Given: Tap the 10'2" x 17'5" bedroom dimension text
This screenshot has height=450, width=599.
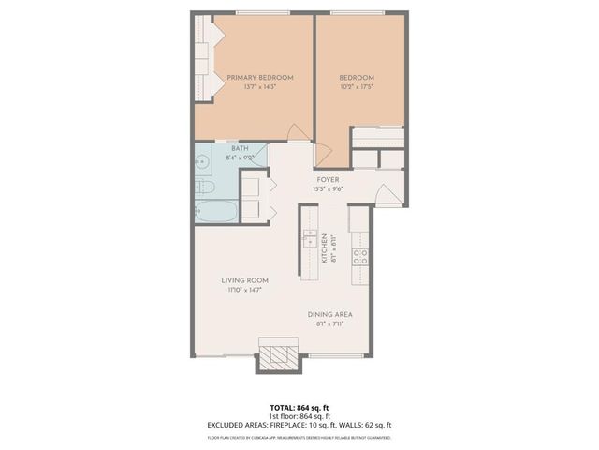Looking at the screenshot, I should (x=357, y=86).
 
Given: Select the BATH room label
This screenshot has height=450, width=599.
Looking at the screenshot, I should (x=240, y=149).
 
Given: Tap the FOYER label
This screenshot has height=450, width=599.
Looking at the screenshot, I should (x=328, y=178).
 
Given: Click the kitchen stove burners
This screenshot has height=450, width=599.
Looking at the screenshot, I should (x=360, y=254).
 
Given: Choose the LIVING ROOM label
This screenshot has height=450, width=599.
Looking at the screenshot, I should (x=245, y=280).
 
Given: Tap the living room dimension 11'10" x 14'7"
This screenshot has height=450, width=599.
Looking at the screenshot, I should (x=245, y=290).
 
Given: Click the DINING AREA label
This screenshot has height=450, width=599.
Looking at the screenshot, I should (x=329, y=315).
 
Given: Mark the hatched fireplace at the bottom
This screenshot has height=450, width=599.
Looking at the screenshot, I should (x=277, y=358).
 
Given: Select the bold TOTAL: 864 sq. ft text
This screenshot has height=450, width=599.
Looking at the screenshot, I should (x=299, y=407).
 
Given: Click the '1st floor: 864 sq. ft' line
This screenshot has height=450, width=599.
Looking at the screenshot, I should (x=299, y=416).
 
